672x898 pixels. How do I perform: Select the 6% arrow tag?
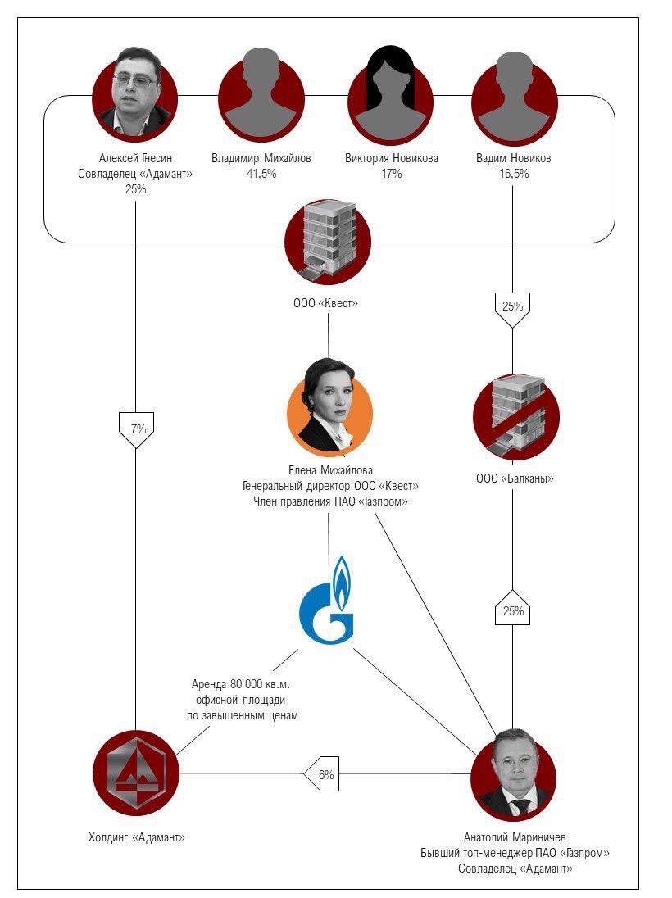click(x=322, y=774)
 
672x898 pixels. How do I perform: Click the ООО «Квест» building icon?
click(x=329, y=242)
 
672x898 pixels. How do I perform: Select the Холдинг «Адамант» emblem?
click(x=136, y=773)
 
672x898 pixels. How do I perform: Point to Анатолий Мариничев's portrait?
click(x=513, y=774)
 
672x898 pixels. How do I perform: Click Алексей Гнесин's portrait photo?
click(x=134, y=94)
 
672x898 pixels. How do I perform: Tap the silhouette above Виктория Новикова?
click(x=391, y=94)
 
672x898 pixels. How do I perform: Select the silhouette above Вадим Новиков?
click(x=514, y=98)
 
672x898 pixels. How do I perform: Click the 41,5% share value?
click(x=261, y=174)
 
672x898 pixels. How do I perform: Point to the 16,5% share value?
click(x=514, y=174)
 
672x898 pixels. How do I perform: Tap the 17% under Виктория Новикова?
click(x=391, y=174)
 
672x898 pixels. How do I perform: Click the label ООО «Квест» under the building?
click(x=325, y=303)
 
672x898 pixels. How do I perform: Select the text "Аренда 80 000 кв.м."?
click(x=241, y=684)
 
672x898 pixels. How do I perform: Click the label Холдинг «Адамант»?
click(x=136, y=837)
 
